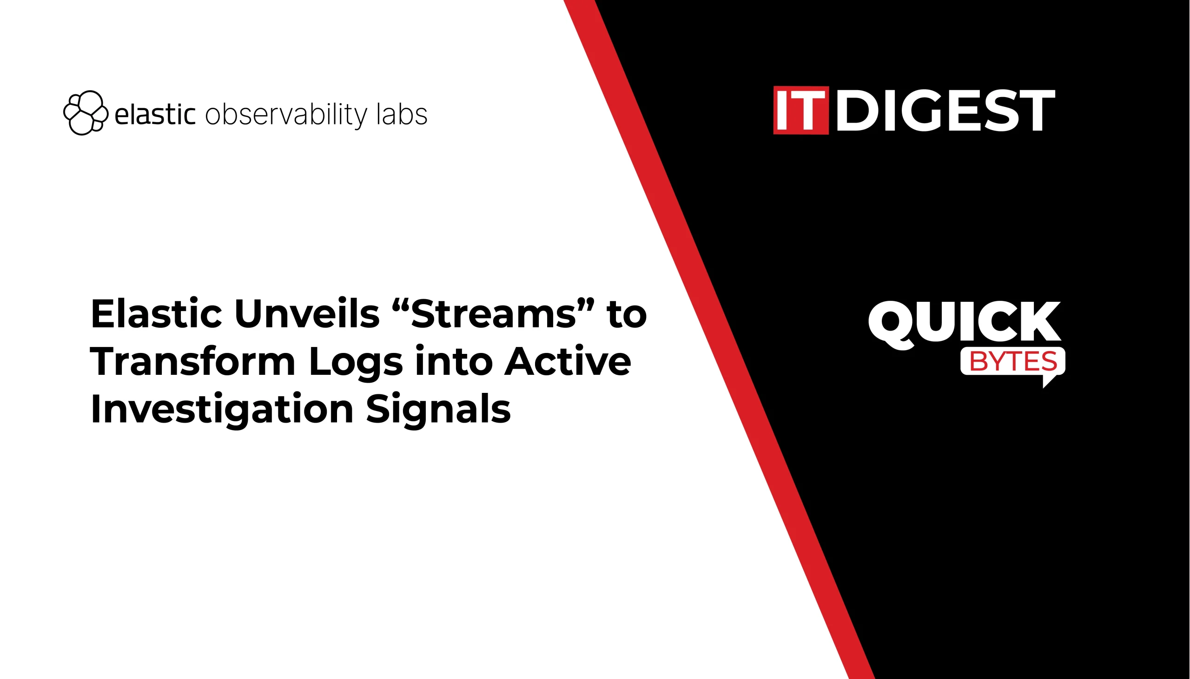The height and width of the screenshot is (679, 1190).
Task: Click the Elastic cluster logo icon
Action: pyautogui.click(x=86, y=113)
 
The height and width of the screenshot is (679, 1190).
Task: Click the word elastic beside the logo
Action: pyautogui.click(x=155, y=114)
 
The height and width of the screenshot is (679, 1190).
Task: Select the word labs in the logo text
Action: pyautogui.click(x=402, y=114)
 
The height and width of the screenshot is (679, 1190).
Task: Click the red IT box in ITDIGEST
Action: pyautogui.click(x=801, y=110)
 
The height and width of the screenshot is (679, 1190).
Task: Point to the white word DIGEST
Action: pyautogui.click(x=945, y=110)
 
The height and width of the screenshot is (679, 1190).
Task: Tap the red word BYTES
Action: pyautogui.click(x=1013, y=361)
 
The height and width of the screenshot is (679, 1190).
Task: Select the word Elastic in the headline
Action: pyautogui.click(x=156, y=313)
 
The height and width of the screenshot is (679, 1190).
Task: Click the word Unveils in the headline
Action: pyautogui.click(x=307, y=313)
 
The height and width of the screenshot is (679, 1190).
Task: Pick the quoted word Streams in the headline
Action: pyautogui.click(x=494, y=313)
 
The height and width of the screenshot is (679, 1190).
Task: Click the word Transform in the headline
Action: pyautogui.click(x=193, y=361)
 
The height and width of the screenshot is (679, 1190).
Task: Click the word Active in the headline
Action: pyautogui.click(x=568, y=361)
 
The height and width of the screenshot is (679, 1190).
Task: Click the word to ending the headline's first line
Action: pyautogui.click(x=627, y=315)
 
